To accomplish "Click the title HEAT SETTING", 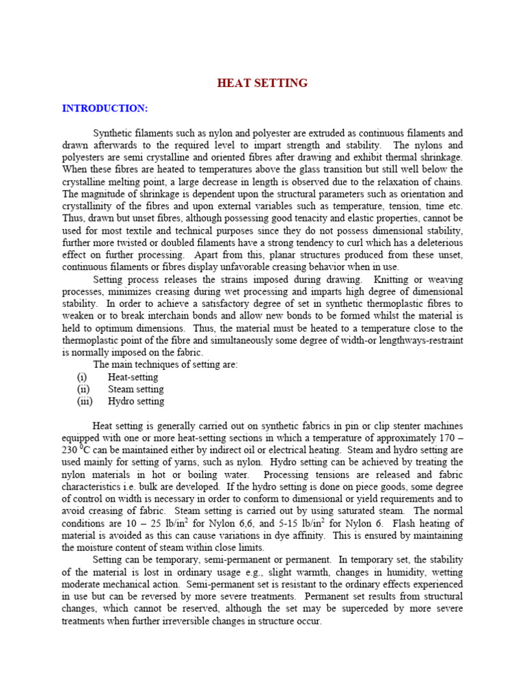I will click(x=262, y=83).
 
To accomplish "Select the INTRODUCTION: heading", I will click(x=105, y=108).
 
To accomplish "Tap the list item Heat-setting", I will click(x=133, y=377).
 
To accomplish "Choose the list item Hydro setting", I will click(x=136, y=401).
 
